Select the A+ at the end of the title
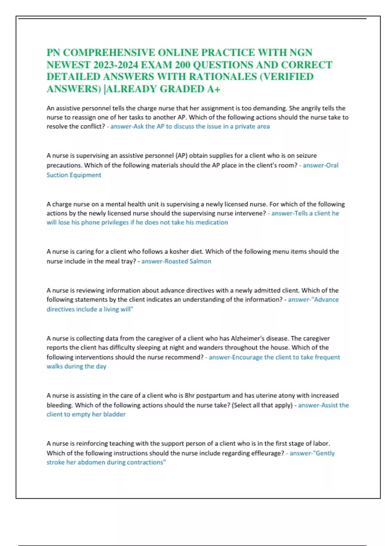click(x=214, y=89)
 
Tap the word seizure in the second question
click(x=306, y=156)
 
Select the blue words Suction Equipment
click(x=74, y=175)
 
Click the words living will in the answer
click(x=117, y=309)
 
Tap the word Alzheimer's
click(x=248, y=339)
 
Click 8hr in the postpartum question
click(x=190, y=396)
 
